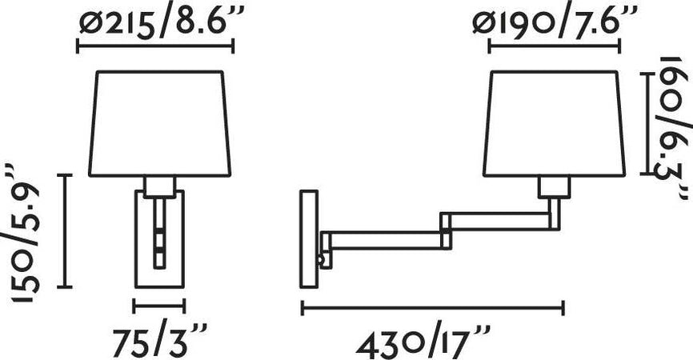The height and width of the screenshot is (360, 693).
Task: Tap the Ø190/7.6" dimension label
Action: coord(555,23)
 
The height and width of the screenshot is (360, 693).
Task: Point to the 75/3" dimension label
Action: coord(160,340)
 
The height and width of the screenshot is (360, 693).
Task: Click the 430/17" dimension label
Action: coord(423,341)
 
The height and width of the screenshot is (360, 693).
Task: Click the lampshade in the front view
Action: coord(160,124)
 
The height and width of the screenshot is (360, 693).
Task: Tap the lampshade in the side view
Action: coord(555,124)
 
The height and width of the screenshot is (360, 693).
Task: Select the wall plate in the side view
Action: coord(309,239)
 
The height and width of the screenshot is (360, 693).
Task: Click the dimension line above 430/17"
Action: coord(433,308)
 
